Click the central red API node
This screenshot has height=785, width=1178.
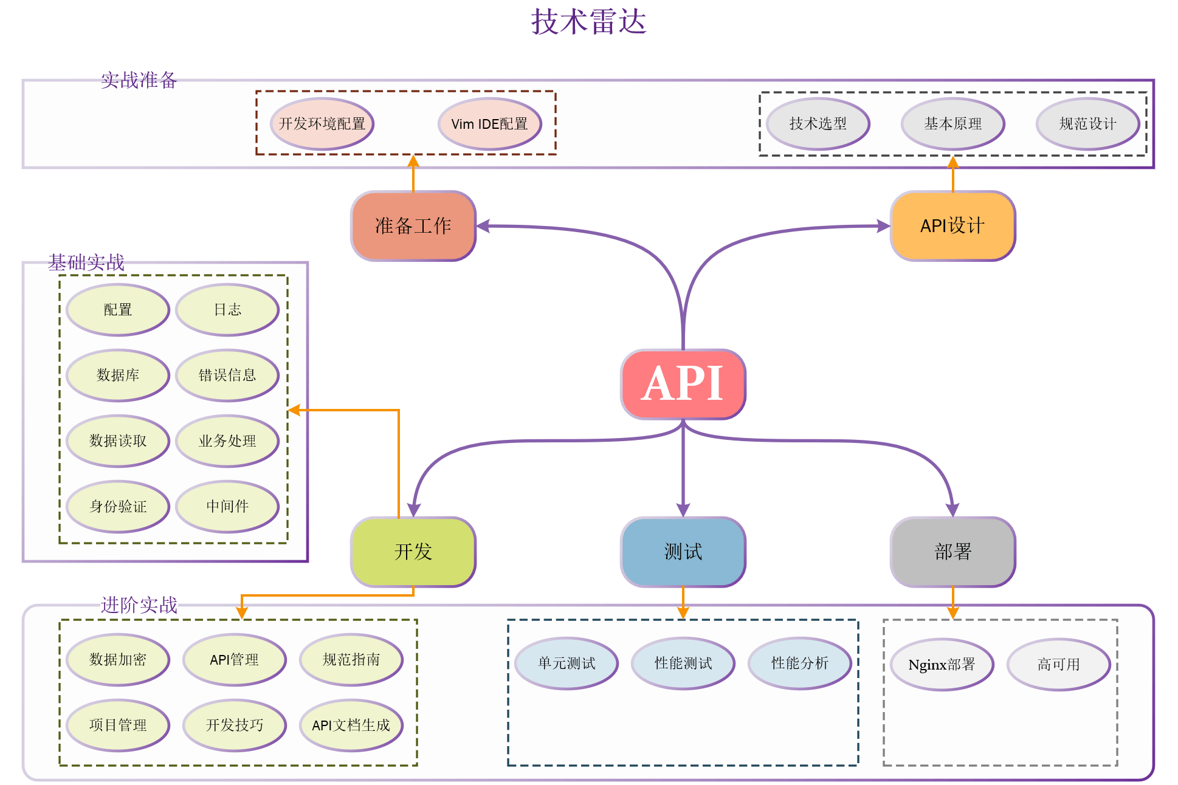click(683, 384)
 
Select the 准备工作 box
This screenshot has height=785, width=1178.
click(413, 226)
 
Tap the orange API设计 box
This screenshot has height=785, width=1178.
click(952, 226)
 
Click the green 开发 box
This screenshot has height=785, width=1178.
click(413, 552)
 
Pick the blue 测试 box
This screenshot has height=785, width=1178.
click(683, 552)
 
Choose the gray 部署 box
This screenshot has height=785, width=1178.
click(952, 552)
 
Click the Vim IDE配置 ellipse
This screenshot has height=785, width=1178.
click(489, 124)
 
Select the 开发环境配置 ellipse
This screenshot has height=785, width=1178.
click(322, 124)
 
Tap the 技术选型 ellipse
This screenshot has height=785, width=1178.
click(818, 124)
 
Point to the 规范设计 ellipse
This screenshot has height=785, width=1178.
click(1087, 124)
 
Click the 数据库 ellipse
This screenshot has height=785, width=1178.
click(117, 375)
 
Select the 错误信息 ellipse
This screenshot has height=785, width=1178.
click(227, 375)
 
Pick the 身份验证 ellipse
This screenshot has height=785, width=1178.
click(117, 506)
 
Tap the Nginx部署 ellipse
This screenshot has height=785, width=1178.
click(942, 664)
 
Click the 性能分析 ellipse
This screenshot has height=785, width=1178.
click(799, 663)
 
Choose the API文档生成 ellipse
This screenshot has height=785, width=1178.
click(351, 725)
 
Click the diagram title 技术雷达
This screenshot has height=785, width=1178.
click(588, 22)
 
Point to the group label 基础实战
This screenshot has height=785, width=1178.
click(86, 262)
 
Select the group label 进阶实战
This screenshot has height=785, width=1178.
click(139, 605)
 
